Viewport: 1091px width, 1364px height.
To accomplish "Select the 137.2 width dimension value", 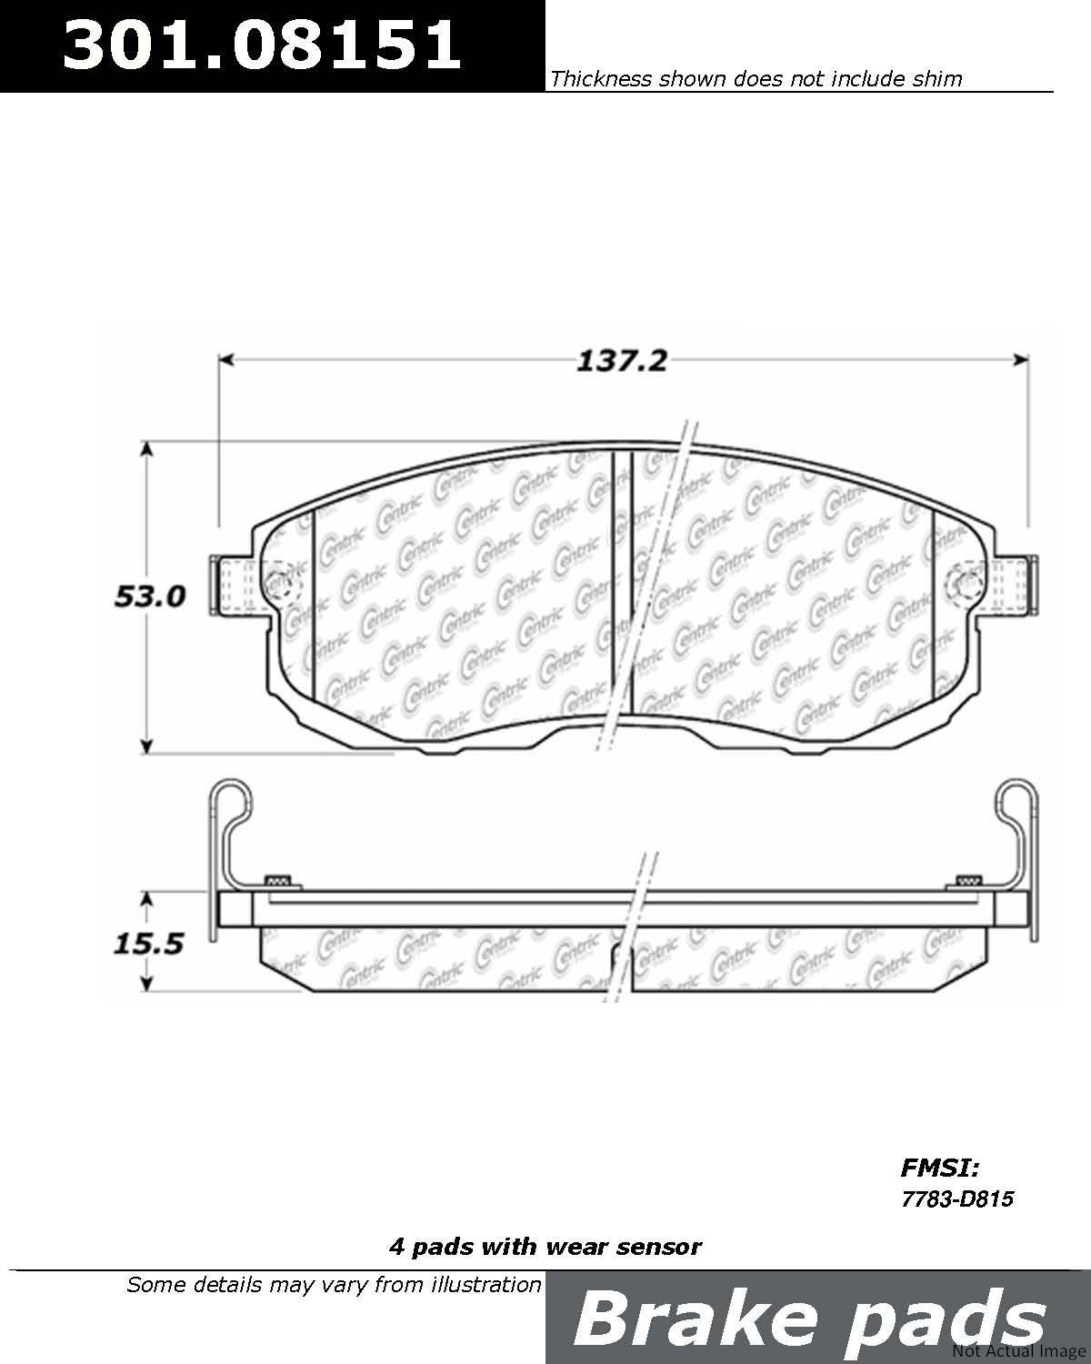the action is pyautogui.click(x=622, y=361).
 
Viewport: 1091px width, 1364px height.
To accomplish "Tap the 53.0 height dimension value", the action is pyautogui.click(x=150, y=597).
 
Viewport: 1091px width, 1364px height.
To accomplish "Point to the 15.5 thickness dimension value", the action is pyautogui.click(x=148, y=944).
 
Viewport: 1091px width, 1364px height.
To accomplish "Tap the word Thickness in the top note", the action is pyautogui.click(x=601, y=78).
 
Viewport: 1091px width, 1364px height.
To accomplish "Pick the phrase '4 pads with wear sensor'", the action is pyautogui.click(x=545, y=1248).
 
